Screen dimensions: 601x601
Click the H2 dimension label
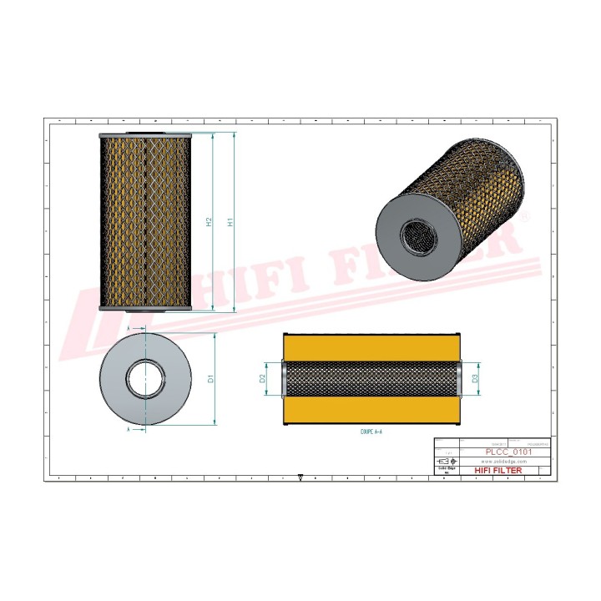(x=210, y=222)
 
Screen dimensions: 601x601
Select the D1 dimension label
(x=211, y=378)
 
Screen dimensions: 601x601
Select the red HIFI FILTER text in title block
(x=497, y=471)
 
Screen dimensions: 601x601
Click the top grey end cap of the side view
(x=145, y=135)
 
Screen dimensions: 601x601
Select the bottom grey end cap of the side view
(x=145, y=309)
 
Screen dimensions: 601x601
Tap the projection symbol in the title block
(x=447, y=461)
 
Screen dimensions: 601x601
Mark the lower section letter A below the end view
(x=129, y=428)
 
